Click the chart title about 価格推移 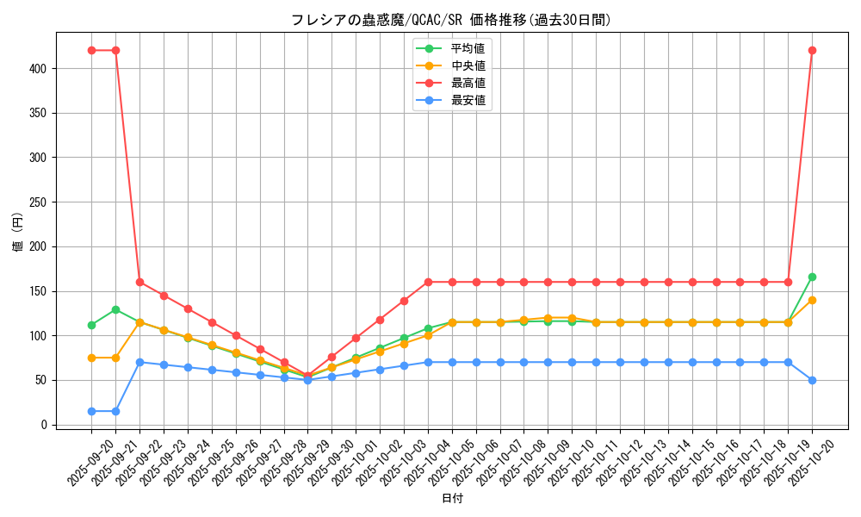click(x=451, y=20)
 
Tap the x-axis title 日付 click(x=452, y=499)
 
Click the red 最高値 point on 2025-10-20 click(x=812, y=50)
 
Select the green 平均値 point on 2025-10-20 click(x=812, y=277)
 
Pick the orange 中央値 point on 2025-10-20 click(x=812, y=300)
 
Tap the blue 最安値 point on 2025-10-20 click(x=812, y=380)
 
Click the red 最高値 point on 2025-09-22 click(x=139, y=282)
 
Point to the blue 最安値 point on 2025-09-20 click(x=91, y=411)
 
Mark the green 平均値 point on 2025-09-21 click(x=115, y=309)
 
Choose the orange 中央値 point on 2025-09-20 click(x=91, y=358)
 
